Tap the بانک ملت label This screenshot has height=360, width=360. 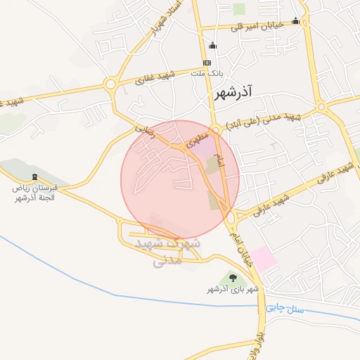[208, 72]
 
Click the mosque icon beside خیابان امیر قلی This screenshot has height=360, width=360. [295, 21]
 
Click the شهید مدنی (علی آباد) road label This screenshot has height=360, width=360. [262, 120]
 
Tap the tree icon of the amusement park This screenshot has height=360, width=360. [233, 278]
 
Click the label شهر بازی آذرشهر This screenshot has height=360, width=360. [233, 289]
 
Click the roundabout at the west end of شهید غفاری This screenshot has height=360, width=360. [110, 85]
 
